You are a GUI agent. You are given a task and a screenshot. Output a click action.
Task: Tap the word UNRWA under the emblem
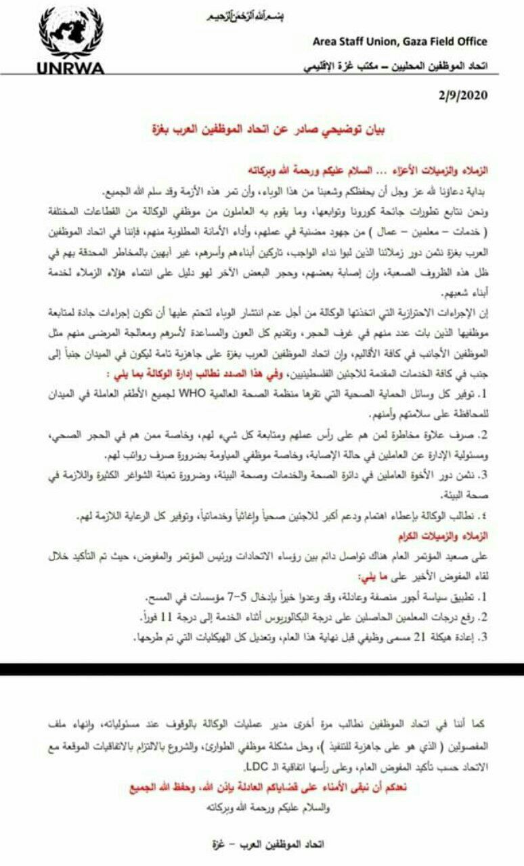click(70, 68)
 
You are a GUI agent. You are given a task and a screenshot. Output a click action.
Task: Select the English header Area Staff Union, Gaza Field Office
click(399, 41)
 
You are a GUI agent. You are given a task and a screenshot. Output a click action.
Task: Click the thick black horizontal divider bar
click(262, 669)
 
